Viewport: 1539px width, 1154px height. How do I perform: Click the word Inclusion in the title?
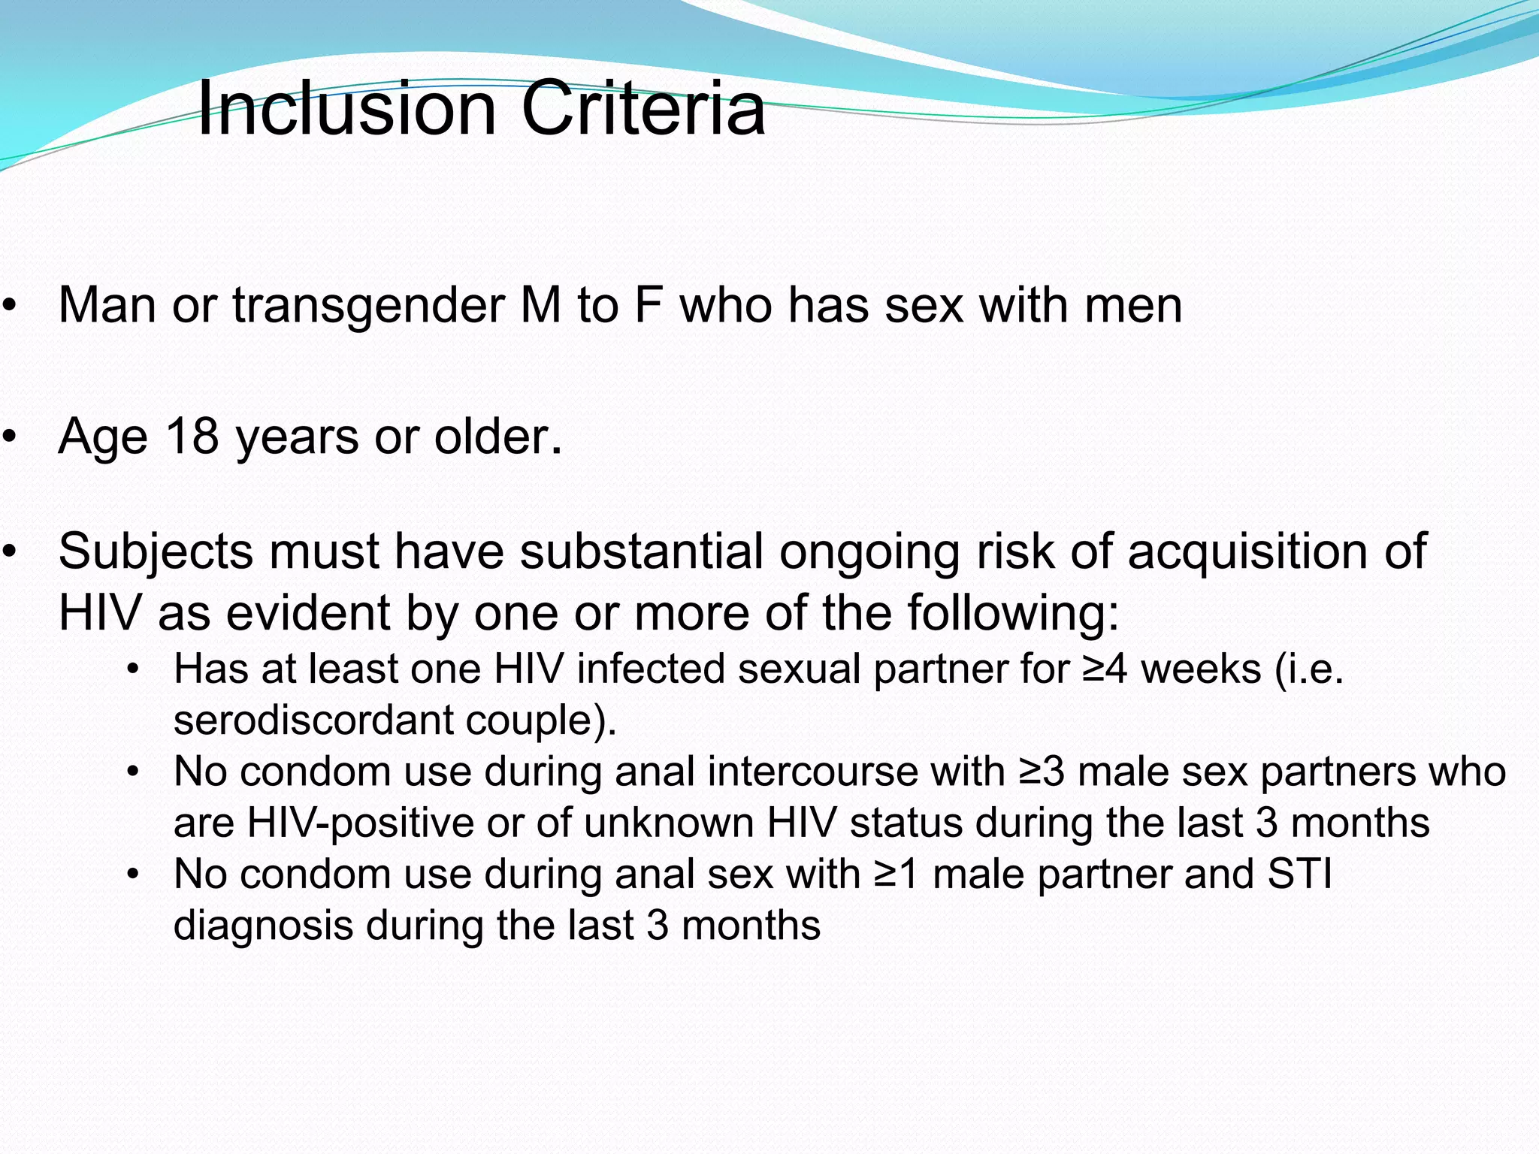coord(346,109)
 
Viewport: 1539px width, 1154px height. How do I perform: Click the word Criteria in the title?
coord(643,109)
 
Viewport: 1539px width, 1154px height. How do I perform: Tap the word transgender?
coord(369,306)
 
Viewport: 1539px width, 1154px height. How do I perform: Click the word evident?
coord(309,612)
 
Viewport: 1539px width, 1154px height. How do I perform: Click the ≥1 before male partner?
coord(896,875)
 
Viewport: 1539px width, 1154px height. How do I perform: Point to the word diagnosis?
coord(263,926)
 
